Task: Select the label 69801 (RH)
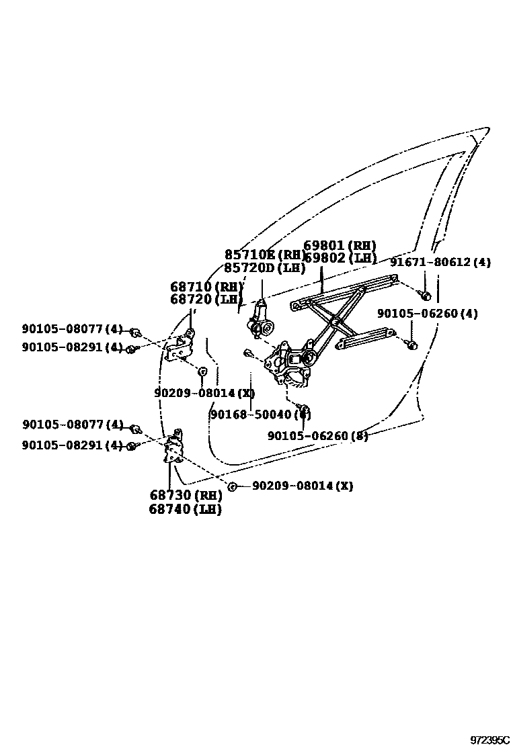[x=340, y=246]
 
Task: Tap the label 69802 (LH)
[x=340, y=257]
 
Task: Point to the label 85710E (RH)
[x=265, y=255]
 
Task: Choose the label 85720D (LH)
[x=265, y=267]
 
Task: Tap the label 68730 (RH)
[x=186, y=496]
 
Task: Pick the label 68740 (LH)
[x=186, y=509]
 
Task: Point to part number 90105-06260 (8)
[x=318, y=436]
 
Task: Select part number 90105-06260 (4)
[x=427, y=314]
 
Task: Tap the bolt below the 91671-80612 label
[x=425, y=294]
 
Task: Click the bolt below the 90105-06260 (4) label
[x=411, y=345]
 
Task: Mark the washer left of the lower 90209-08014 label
[x=231, y=486]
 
